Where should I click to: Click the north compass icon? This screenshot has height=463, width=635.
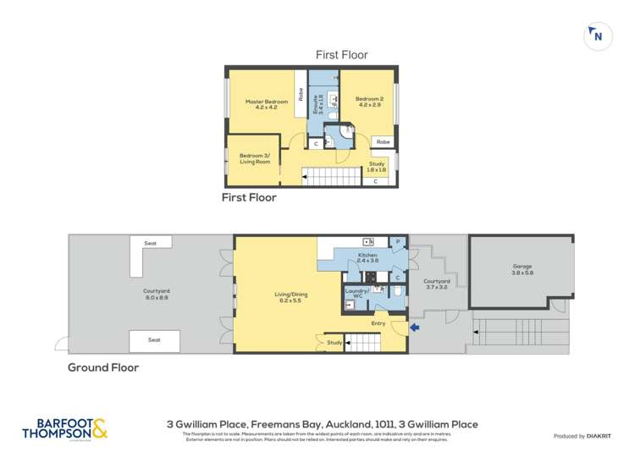[x=596, y=35]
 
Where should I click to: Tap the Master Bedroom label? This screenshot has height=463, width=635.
[x=261, y=105]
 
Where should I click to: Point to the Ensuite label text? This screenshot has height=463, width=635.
[x=320, y=105]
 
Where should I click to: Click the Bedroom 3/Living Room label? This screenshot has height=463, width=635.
[x=255, y=158]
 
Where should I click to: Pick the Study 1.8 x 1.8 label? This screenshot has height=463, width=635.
[x=377, y=167]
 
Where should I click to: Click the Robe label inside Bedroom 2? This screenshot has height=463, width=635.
[x=384, y=141]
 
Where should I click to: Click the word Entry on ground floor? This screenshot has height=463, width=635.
[x=378, y=322]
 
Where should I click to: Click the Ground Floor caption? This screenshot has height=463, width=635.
[x=103, y=367]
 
